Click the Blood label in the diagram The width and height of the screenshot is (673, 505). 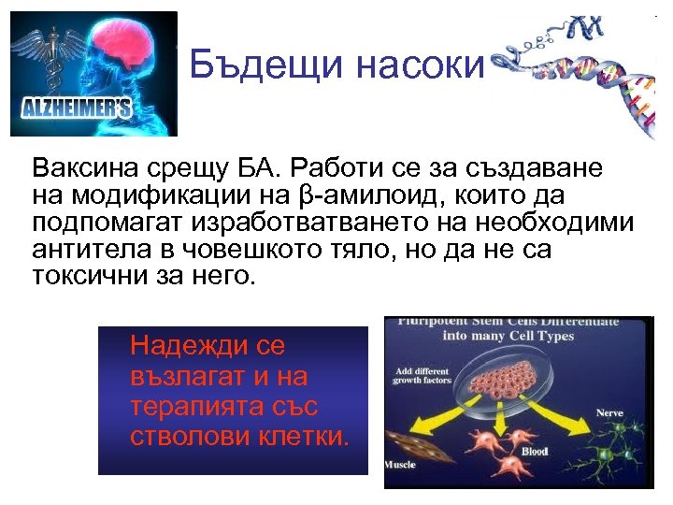click(x=534, y=452)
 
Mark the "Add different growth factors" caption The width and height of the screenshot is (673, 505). click(x=423, y=373)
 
